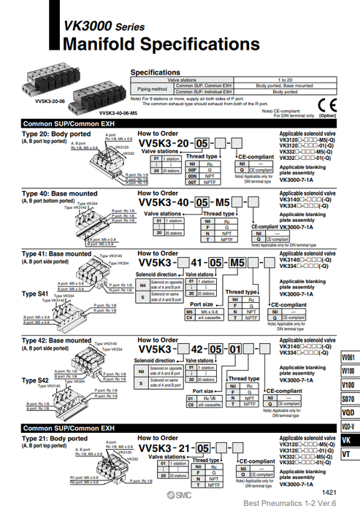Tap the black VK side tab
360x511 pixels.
(348, 440)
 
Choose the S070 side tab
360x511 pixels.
(348, 399)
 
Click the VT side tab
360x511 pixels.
(348, 455)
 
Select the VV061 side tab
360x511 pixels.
(348, 357)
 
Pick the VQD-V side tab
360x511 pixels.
(348, 426)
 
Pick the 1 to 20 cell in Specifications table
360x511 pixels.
(284, 79)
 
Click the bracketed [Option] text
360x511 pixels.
(328, 115)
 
